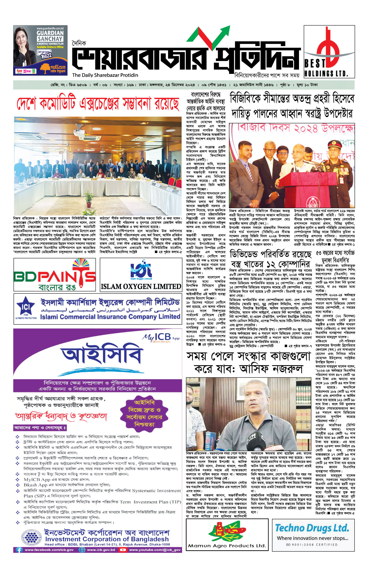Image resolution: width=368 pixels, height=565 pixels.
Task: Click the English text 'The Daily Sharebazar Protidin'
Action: click(105, 75)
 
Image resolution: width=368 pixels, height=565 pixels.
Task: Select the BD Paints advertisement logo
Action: click(55, 275)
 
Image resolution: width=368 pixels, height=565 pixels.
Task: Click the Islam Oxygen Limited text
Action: click(141, 287)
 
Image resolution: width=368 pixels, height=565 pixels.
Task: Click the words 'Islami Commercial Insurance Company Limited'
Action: click(110, 317)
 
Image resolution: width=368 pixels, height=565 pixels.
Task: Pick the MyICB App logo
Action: click(161, 337)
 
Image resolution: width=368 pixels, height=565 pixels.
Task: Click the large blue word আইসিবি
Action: click(102, 356)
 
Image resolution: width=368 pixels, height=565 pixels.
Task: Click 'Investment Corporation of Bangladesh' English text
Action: click(107, 539)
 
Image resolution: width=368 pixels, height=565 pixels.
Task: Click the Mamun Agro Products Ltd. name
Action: click(227, 545)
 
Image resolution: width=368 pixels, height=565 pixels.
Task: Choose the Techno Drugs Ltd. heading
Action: click(312, 528)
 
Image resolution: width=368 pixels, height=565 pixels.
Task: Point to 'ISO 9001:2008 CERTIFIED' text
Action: click(311, 544)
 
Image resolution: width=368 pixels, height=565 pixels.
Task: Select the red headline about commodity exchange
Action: click(98, 104)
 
